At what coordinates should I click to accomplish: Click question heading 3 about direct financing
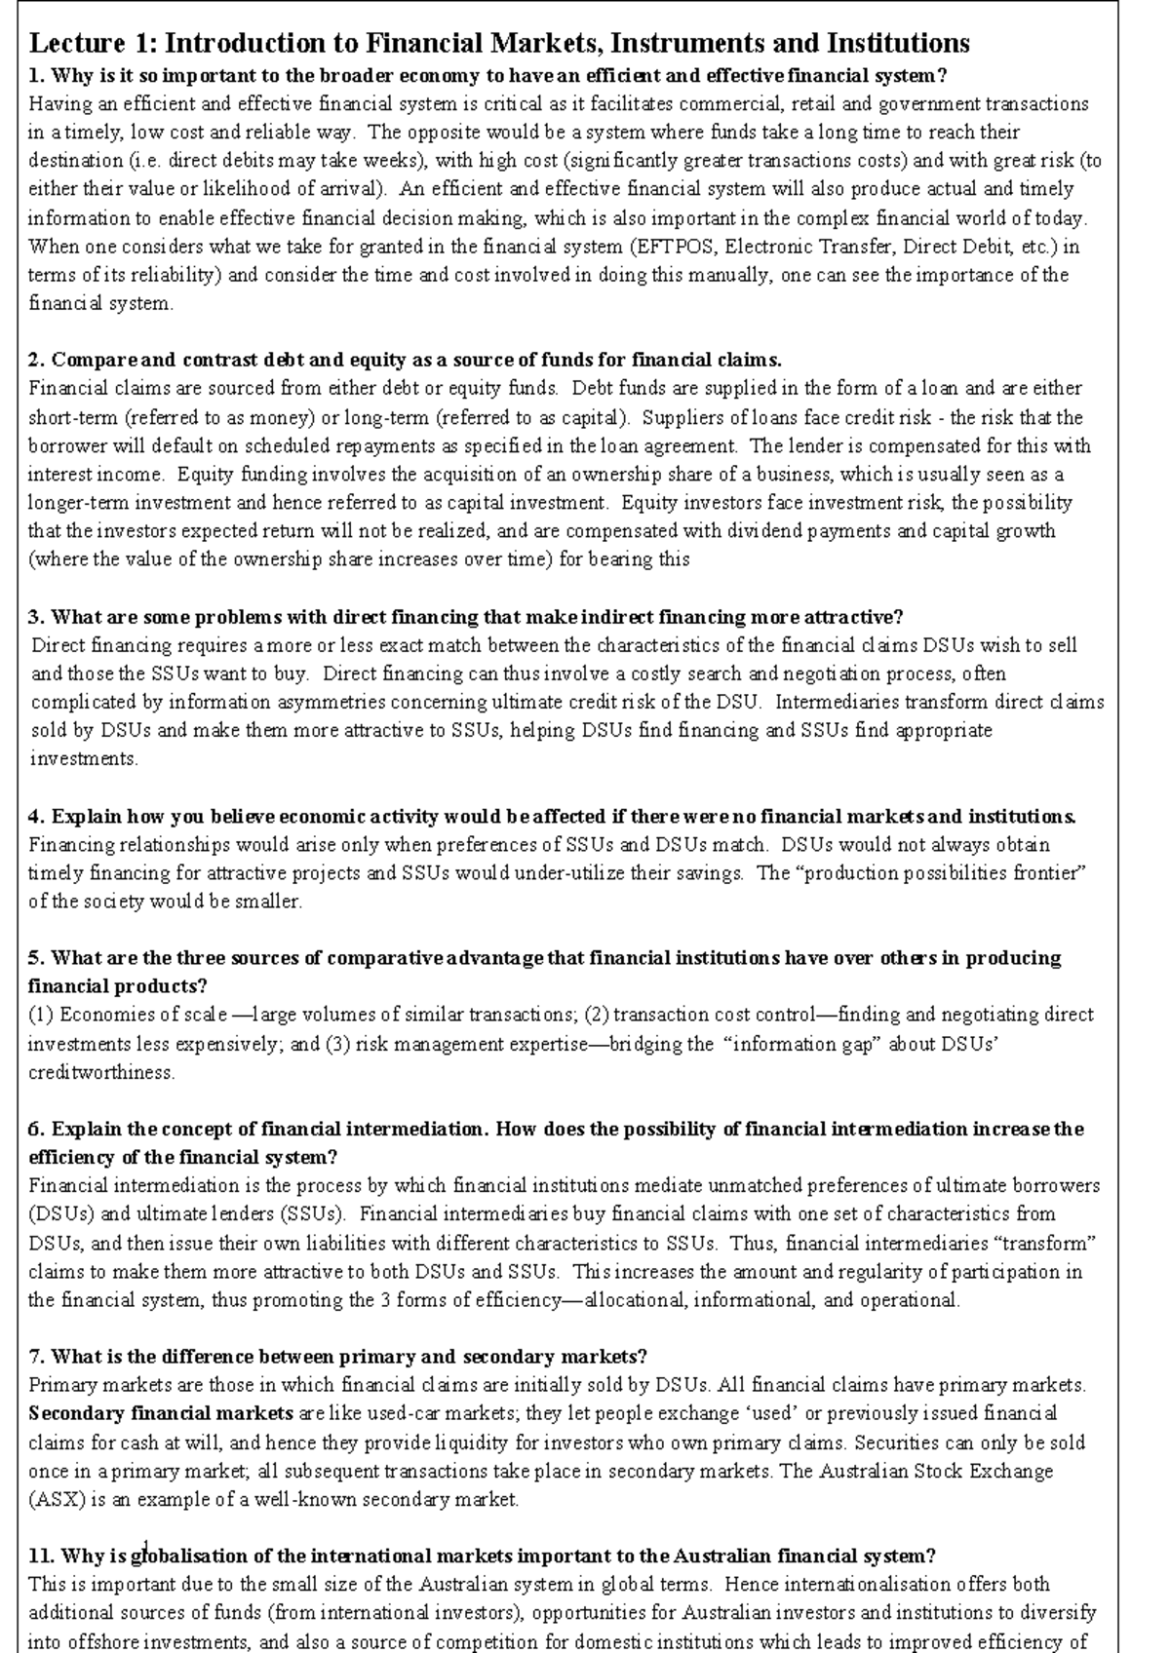click(x=466, y=617)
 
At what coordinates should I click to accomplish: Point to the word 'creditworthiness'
click(x=100, y=1072)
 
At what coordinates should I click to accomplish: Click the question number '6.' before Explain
click(x=37, y=1130)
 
